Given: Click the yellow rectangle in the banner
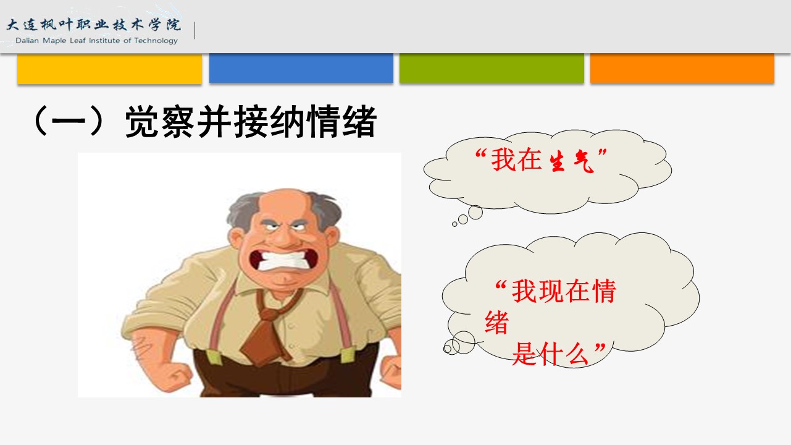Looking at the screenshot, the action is (109, 69).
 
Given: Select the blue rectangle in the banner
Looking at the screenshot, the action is (301, 68).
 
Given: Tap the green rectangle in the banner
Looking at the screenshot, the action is (492, 68).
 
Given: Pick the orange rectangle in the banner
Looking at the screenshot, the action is (682, 68).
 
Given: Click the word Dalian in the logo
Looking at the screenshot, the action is (27, 41).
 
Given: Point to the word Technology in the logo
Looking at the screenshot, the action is (156, 41).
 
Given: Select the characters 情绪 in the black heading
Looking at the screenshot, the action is (341, 121).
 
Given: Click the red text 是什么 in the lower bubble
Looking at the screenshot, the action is (550, 354).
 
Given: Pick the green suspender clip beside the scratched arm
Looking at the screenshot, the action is (214, 357).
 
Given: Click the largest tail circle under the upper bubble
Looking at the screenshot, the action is (475, 213).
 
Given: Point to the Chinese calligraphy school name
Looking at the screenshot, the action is (94, 25).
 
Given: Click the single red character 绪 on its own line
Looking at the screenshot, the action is (496, 322).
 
